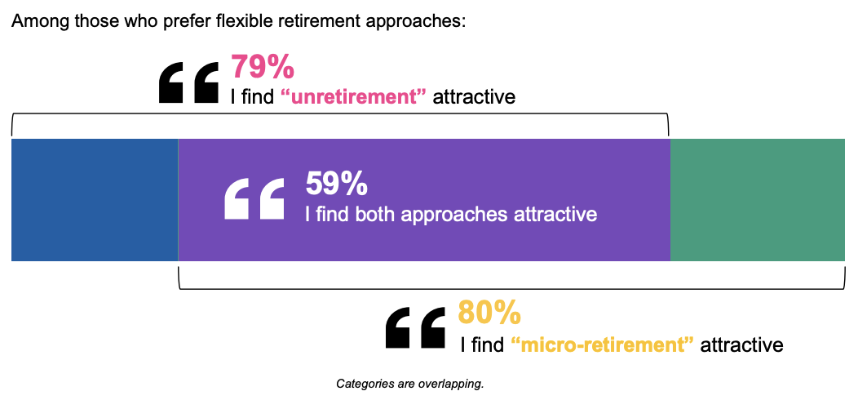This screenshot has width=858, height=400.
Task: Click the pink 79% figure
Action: (263, 67)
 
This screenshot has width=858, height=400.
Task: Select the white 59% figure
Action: (337, 184)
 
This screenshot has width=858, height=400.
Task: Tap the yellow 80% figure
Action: (489, 313)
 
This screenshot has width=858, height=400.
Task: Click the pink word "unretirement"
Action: (353, 97)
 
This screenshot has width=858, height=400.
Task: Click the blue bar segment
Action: (95, 200)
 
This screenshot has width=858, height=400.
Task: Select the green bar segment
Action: (758, 200)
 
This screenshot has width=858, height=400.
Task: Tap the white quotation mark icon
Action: (254, 199)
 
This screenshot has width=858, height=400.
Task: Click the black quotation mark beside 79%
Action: (188, 82)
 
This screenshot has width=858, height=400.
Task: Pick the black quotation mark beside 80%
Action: (416, 327)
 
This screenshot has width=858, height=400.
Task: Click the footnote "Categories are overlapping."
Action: (410, 384)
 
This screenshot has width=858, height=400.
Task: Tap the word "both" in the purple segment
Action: (375, 214)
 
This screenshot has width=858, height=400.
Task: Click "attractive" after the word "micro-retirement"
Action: (741, 345)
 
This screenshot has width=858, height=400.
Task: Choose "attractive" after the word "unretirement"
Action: (474, 97)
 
